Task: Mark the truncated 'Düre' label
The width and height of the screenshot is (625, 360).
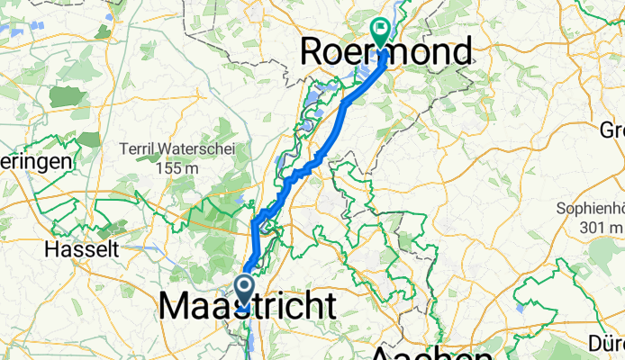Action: point(603,342)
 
